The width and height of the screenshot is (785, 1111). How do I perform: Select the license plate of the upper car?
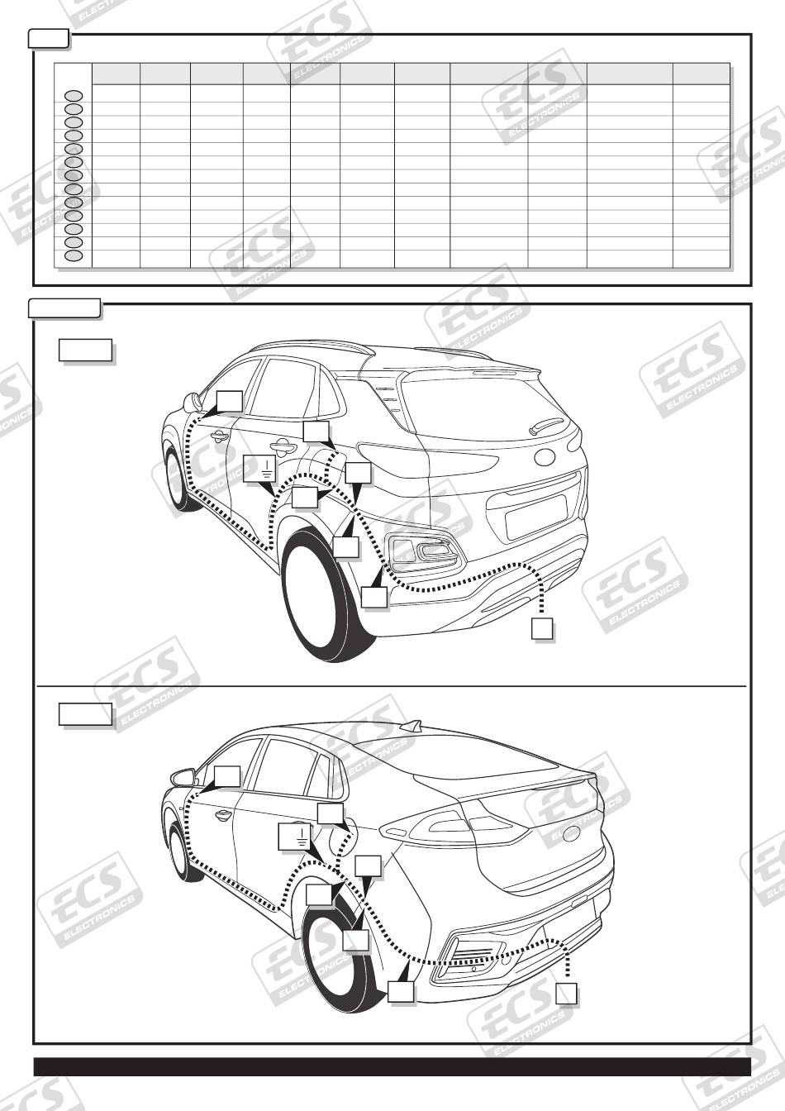(536, 517)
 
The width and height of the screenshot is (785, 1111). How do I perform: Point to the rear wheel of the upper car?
(327, 596)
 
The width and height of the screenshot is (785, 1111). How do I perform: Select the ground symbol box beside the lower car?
(294, 837)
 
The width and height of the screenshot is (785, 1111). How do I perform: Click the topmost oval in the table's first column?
(74, 96)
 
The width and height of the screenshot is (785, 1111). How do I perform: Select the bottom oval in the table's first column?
(74, 255)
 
